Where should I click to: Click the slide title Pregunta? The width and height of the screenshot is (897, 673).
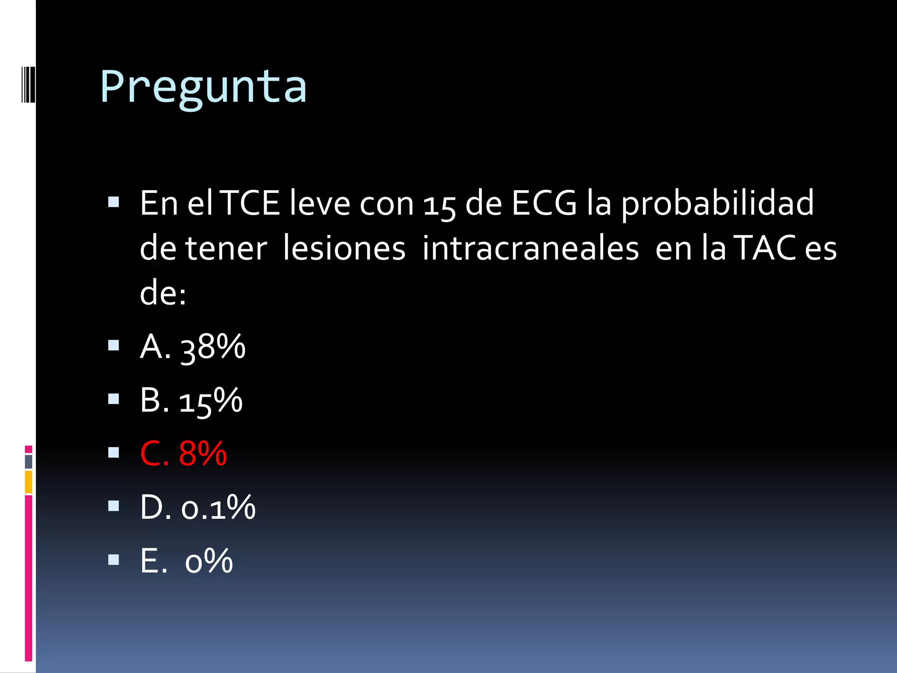point(203,87)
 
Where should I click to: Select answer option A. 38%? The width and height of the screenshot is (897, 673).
point(193,347)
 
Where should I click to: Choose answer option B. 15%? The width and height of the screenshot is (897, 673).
point(191,400)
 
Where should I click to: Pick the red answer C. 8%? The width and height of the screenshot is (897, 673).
point(184,453)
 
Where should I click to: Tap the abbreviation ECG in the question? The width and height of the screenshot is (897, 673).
point(544,203)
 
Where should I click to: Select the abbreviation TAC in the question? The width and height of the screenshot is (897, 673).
point(765,248)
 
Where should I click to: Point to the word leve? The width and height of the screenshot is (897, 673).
point(320,203)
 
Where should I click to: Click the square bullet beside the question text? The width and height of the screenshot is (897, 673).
point(113,202)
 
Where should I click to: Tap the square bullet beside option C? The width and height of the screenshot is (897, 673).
point(113,452)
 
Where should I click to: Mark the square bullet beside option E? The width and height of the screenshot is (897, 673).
point(113,560)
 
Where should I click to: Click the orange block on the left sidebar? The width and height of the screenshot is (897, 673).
point(28,482)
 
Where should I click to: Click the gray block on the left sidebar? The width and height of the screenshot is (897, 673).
point(28,461)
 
